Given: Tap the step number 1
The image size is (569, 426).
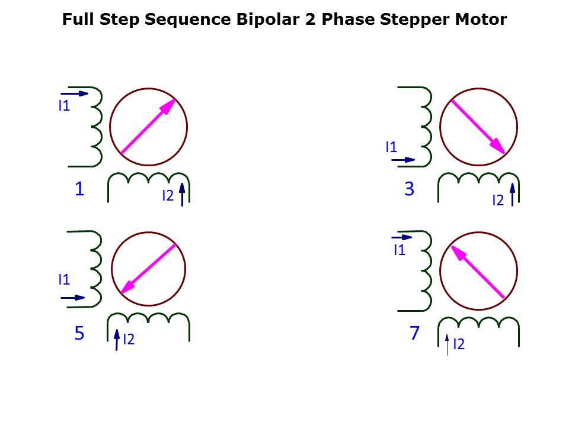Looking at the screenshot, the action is pyautogui.click(x=79, y=189).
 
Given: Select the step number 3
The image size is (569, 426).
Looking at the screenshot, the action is pyautogui.click(x=410, y=189).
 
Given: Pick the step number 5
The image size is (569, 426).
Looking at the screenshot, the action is pyautogui.click(x=79, y=333).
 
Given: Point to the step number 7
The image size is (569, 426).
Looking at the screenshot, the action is pyautogui.click(x=414, y=333).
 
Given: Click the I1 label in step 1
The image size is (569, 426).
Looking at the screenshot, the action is pyautogui.click(x=64, y=106).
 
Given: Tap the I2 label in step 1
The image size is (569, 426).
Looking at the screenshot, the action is pyautogui.click(x=168, y=196).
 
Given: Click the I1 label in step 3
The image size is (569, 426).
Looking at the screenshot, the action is pyautogui.click(x=391, y=147).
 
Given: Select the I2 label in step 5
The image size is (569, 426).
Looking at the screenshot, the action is pyautogui.click(x=129, y=340).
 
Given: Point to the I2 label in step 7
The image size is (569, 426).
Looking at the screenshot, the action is pyautogui.click(x=459, y=344).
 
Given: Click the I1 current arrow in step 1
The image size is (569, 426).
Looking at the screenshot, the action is pyautogui.click(x=75, y=93).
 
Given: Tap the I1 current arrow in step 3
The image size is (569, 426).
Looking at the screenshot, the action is pyautogui.click(x=403, y=160).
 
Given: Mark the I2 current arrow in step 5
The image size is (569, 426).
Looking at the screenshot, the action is pyautogui.click(x=117, y=340).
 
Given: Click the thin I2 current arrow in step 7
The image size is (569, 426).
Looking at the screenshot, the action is pyautogui.click(x=447, y=345).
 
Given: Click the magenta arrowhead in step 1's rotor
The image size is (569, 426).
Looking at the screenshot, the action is pyautogui.click(x=168, y=106).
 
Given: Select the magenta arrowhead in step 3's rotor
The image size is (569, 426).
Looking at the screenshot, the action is pyautogui.click(x=497, y=146).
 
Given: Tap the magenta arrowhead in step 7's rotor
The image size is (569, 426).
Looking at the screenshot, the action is pyautogui.click(x=459, y=254).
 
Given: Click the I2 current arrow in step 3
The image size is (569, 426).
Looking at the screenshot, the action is pyautogui.click(x=512, y=195).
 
